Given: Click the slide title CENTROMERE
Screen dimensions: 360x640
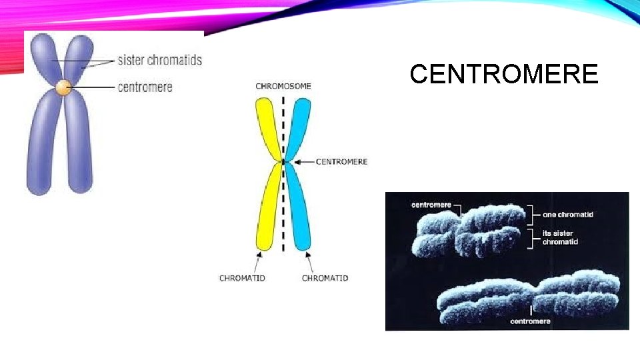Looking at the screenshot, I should click(504, 74).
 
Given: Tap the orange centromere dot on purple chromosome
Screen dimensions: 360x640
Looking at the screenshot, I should click(63, 87).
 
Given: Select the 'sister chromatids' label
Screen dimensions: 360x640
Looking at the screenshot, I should click(159, 60).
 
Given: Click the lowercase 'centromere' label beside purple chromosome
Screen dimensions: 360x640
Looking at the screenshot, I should click(145, 87).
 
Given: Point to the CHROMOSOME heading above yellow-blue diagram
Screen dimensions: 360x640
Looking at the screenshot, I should click(283, 86).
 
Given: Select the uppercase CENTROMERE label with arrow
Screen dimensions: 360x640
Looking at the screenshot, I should click(341, 161).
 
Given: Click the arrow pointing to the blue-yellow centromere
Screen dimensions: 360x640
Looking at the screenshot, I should click(303, 161).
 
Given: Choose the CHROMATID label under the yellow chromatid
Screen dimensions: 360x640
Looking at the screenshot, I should click(242, 278).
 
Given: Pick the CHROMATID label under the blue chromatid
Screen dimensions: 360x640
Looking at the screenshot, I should click(325, 278).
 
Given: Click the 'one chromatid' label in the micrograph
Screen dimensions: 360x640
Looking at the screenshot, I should click(568, 215).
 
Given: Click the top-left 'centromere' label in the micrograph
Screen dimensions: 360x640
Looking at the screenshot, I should click(431, 205).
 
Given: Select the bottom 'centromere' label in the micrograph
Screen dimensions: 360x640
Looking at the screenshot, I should click(530, 321).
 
